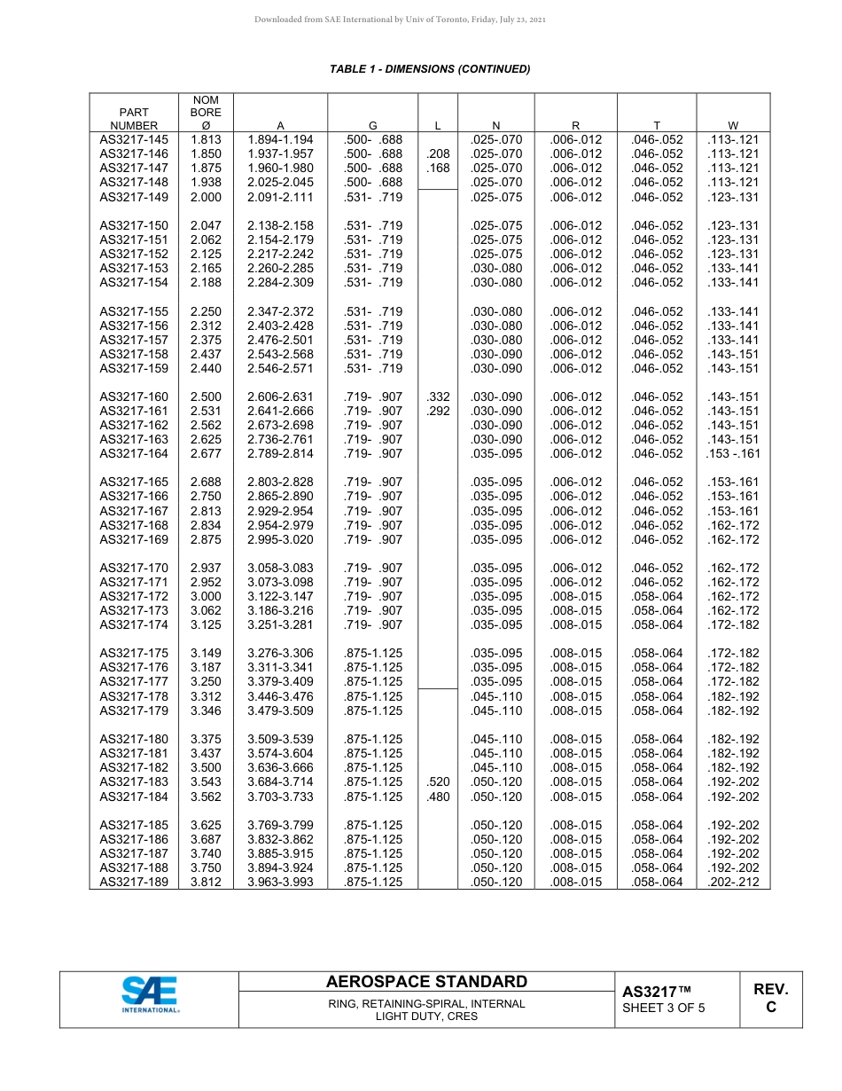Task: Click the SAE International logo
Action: (x=150, y=994)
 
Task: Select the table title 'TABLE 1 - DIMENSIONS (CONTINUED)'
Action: (x=430, y=69)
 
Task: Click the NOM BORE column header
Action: (x=206, y=113)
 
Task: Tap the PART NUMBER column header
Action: (x=134, y=119)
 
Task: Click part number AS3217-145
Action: (x=134, y=139)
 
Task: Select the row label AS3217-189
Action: (x=134, y=882)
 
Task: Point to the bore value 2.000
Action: (x=206, y=197)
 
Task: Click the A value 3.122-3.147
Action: (x=280, y=597)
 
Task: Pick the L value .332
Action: (x=438, y=396)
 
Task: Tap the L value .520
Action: (x=438, y=781)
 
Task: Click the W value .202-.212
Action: (x=733, y=882)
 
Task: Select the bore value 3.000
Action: (x=206, y=597)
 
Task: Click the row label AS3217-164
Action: (x=134, y=453)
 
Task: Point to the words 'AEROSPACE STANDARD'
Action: (x=426, y=982)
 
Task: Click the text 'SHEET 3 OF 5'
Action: (x=664, y=1008)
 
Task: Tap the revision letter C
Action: (x=770, y=1008)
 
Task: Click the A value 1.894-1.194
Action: (x=280, y=139)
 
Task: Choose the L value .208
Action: (x=438, y=153)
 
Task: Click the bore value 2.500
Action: (x=206, y=396)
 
